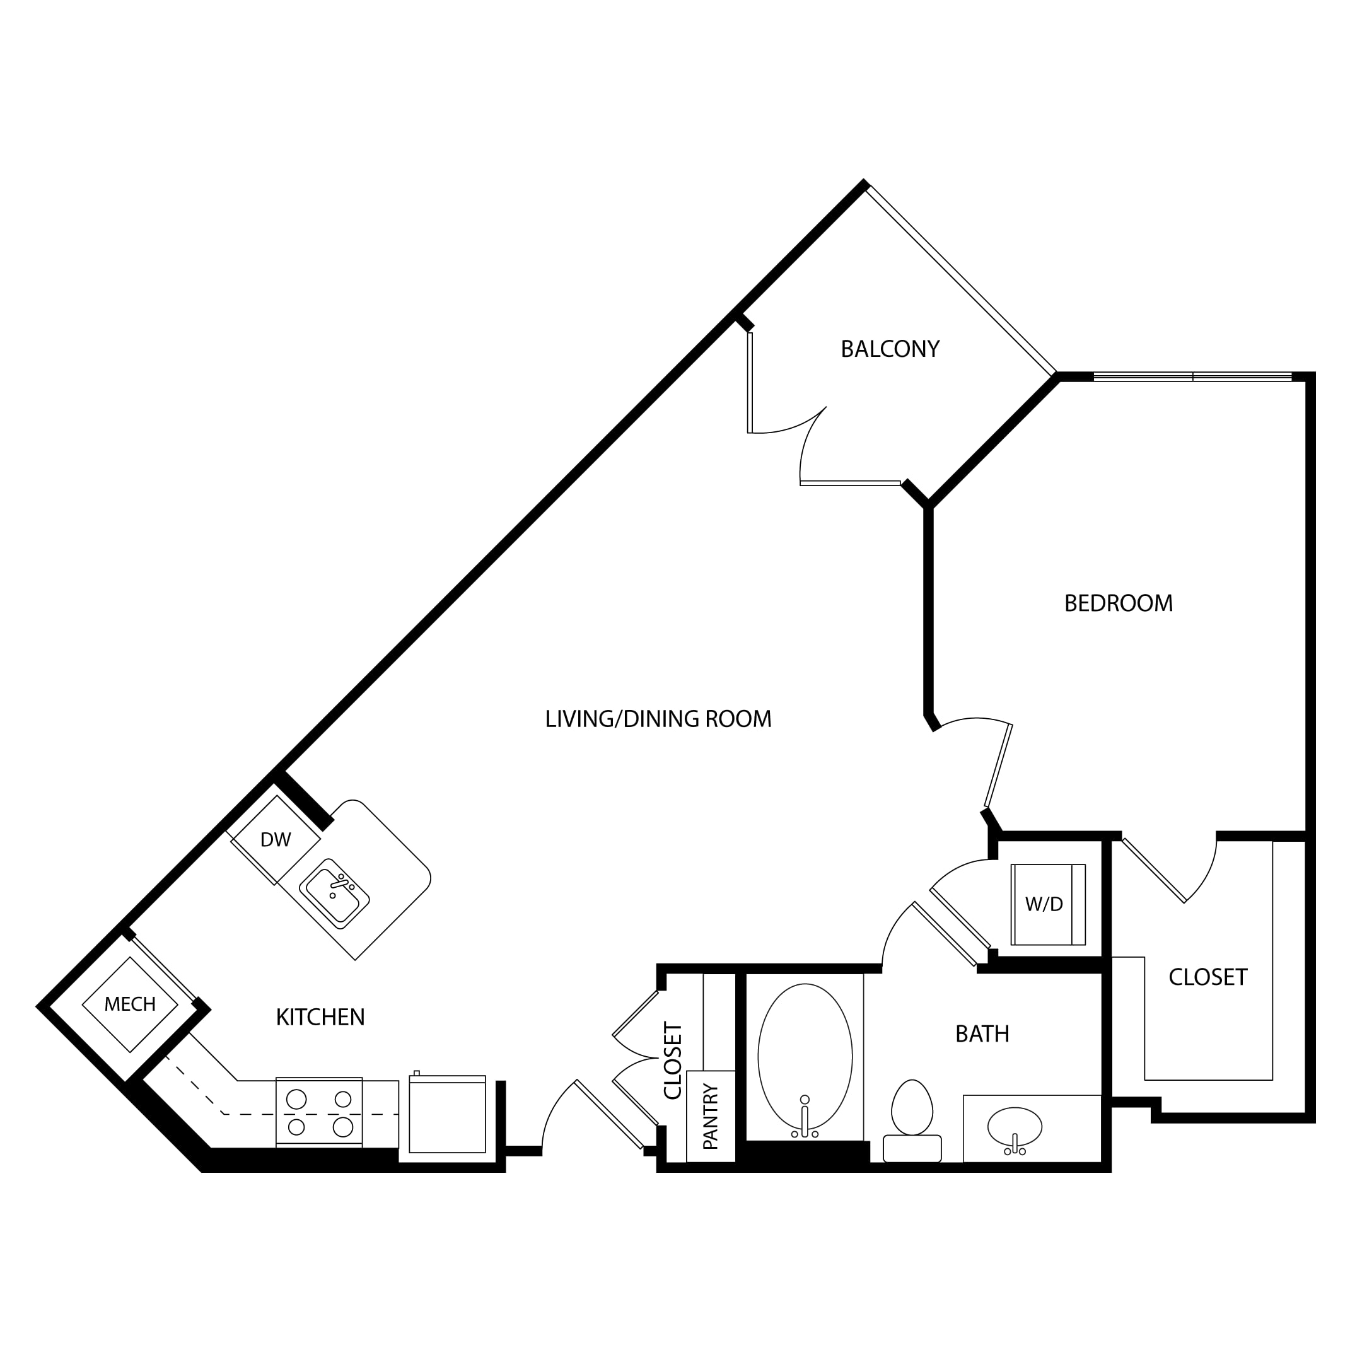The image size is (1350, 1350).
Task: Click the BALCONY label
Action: click(x=890, y=349)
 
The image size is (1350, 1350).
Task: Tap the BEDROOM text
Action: click(x=1118, y=603)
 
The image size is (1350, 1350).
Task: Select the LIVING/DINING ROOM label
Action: click(x=658, y=718)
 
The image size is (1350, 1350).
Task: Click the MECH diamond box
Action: click(x=130, y=1004)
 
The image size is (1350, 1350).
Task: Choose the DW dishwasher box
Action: click(x=276, y=840)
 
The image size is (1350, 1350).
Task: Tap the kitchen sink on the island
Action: click(x=334, y=893)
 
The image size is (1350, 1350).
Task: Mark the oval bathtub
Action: click(x=805, y=1057)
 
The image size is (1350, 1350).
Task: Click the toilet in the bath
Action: click(x=912, y=1121)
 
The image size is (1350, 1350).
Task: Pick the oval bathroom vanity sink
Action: click(x=1015, y=1126)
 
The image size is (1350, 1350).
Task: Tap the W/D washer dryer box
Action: click(x=1048, y=904)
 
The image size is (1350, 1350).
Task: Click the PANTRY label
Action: click(x=711, y=1116)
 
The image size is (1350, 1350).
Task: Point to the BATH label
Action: click(x=982, y=1033)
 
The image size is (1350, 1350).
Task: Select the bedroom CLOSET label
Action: click(x=1207, y=977)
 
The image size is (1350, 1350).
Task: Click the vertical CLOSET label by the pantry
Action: click(x=672, y=1061)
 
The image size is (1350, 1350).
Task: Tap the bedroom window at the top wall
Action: click(x=1193, y=377)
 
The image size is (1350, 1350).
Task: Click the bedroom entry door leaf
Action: click(x=999, y=766)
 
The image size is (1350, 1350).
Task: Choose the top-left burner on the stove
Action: click(x=297, y=1099)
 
